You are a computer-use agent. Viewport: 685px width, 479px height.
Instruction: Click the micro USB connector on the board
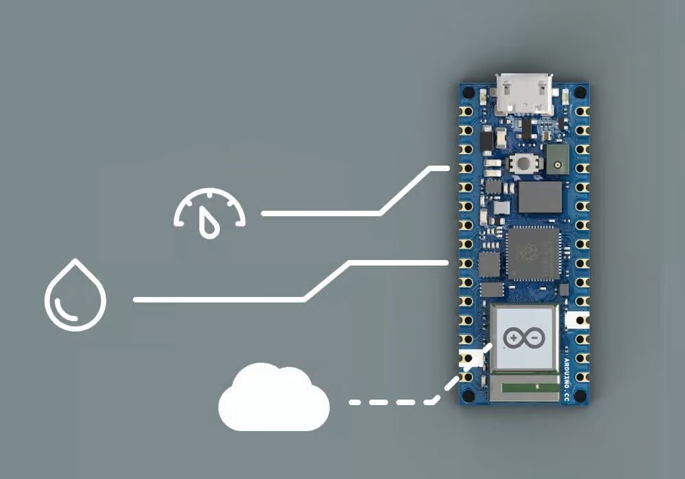[525, 95]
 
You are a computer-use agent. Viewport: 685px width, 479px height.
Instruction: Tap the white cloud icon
[274, 400]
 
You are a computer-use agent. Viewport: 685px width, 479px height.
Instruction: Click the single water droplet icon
[75, 296]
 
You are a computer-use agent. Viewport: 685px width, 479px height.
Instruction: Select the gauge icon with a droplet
[209, 213]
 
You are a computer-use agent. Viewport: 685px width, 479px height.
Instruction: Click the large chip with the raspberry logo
[532, 253]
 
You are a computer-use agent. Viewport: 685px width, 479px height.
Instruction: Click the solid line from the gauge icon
[322, 213]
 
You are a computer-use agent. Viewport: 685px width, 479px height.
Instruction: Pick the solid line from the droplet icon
[219, 299]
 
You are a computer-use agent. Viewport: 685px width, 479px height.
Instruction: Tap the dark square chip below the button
[540, 197]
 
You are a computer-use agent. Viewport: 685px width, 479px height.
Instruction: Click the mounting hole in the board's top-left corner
[467, 91]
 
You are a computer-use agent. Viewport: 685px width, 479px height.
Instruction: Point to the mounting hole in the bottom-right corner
[582, 395]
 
